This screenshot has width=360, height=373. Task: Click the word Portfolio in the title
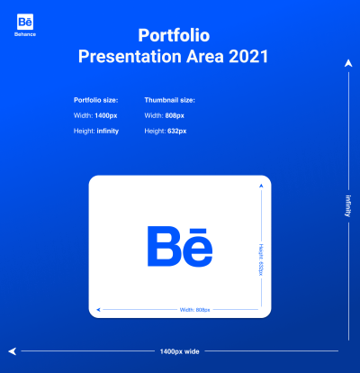point(175,35)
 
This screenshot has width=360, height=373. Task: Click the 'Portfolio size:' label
point(96,100)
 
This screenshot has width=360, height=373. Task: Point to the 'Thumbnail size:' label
point(169,100)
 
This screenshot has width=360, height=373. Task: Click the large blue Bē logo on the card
point(180,245)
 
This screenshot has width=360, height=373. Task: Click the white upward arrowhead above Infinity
point(346,63)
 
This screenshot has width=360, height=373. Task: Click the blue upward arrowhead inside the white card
point(261,185)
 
